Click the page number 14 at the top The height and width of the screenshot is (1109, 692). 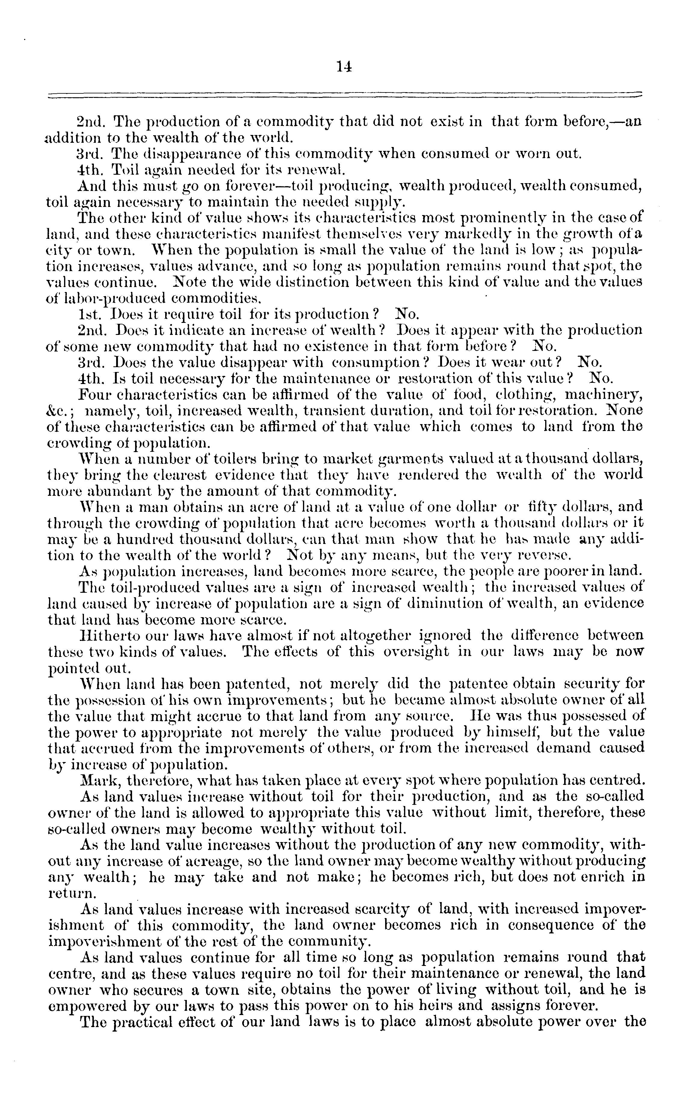tap(344, 67)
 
